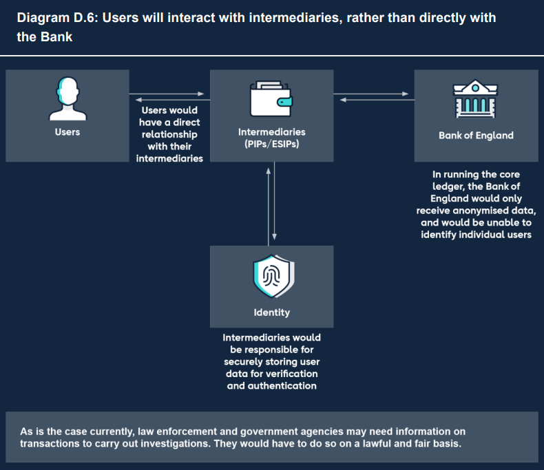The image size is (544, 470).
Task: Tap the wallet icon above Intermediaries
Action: click(x=271, y=99)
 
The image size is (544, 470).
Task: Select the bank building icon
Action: click(x=475, y=100)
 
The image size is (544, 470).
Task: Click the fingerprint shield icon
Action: click(x=271, y=277)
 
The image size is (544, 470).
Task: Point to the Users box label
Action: click(x=67, y=131)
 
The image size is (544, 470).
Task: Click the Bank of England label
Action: click(x=476, y=135)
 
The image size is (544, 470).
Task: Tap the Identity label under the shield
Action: click(x=271, y=312)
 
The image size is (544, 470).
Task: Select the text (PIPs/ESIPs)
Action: click(x=271, y=144)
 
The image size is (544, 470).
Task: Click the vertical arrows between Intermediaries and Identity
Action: click(x=271, y=204)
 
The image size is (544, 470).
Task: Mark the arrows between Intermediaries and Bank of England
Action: click(x=374, y=96)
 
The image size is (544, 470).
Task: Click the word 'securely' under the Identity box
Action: click(x=244, y=361)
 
